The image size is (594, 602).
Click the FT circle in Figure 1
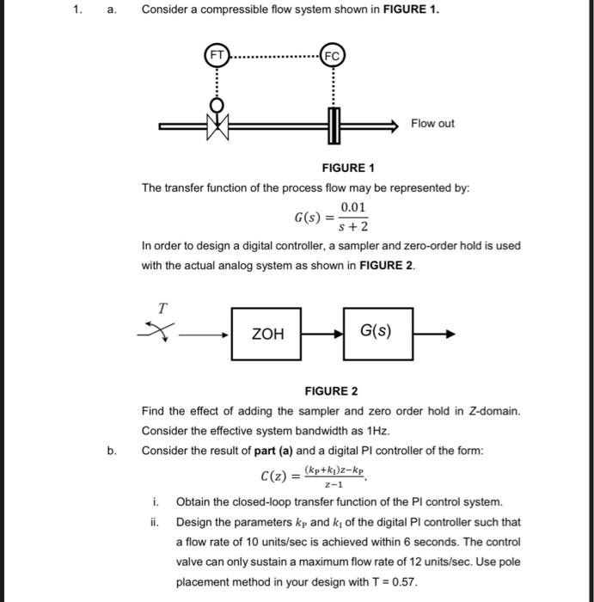pos(217,55)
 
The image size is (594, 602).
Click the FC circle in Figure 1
pos(334,55)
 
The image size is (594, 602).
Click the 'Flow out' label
pos(432,124)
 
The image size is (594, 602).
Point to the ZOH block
pos(266,334)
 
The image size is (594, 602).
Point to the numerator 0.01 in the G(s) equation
pos(353,207)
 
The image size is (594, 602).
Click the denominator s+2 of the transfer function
pos(353,227)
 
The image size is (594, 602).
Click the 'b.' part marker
pos(112,451)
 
